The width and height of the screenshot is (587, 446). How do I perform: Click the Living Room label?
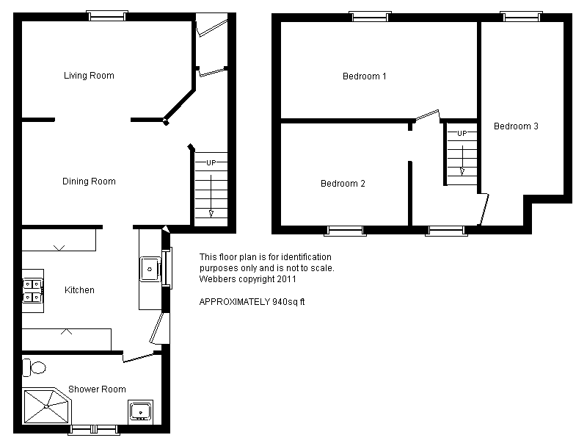pyautogui.click(x=89, y=76)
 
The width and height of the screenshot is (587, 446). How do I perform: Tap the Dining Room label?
pyautogui.click(x=89, y=181)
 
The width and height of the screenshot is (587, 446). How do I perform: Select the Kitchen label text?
pyautogui.click(x=79, y=290)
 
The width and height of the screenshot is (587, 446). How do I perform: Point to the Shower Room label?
pyautogui.click(x=97, y=389)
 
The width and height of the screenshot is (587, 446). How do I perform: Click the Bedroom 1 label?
pyautogui.click(x=364, y=76)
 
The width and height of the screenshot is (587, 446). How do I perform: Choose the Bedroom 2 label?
pyautogui.click(x=343, y=184)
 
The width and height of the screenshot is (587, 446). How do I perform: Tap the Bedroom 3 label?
pyautogui.click(x=516, y=126)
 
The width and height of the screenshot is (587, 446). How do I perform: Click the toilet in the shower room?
pyautogui.click(x=34, y=367)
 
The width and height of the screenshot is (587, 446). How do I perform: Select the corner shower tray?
pyautogui.click(x=47, y=406)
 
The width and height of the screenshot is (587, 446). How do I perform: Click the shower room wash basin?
pyautogui.click(x=140, y=412)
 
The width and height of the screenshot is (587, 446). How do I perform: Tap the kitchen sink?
pyautogui.click(x=150, y=269)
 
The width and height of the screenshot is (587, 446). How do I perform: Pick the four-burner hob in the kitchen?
pyautogui.click(x=32, y=290)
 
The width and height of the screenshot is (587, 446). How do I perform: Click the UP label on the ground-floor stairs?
pyautogui.click(x=211, y=162)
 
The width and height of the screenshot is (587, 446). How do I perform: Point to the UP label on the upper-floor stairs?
pyautogui.click(x=462, y=134)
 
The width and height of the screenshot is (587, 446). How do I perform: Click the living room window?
pyautogui.click(x=107, y=15)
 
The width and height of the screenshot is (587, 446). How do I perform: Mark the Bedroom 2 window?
pyautogui.click(x=345, y=231)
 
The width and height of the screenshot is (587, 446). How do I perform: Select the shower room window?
pyautogui.click(x=94, y=430)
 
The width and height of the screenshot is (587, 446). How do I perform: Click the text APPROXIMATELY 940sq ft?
pyautogui.click(x=252, y=302)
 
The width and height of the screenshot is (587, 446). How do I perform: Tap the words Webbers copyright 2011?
pyautogui.click(x=247, y=279)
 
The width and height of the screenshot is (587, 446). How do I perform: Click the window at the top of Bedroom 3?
pyautogui.click(x=522, y=16)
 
